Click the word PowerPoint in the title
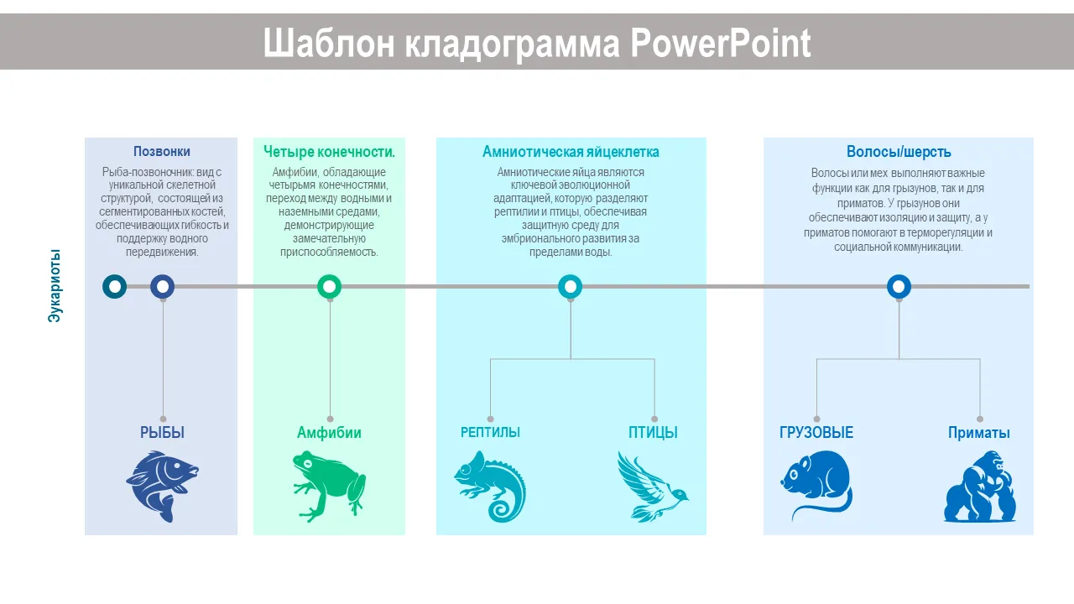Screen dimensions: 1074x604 [x=720, y=44]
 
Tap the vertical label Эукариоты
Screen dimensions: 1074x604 [x=55, y=286]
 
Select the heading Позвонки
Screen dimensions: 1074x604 [x=162, y=152]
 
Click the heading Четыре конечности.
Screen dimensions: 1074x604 [x=329, y=152]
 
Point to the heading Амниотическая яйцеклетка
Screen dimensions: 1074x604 [x=571, y=152]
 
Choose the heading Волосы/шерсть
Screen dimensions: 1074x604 [x=899, y=152]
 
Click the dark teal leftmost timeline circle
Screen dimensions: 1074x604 [x=115, y=287]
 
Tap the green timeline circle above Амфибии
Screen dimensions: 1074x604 [x=330, y=287]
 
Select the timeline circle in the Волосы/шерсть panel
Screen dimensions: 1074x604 [x=899, y=287]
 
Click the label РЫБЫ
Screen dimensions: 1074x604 [x=162, y=432]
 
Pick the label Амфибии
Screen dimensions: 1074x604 [x=329, y=433]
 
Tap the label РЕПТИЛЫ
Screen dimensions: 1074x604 [x=490, y=432]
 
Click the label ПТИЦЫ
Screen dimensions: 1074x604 [x=653, y=432]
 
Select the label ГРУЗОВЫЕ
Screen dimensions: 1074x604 [x=816, y=432]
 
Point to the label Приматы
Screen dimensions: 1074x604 [x=978, y=433]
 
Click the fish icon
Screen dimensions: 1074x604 [x=162, y=486]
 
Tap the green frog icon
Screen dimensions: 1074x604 [x=329, y=486]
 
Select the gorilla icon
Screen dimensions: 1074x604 [x=979, y=486]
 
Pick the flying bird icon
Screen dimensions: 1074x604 [x=653, y=486]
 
